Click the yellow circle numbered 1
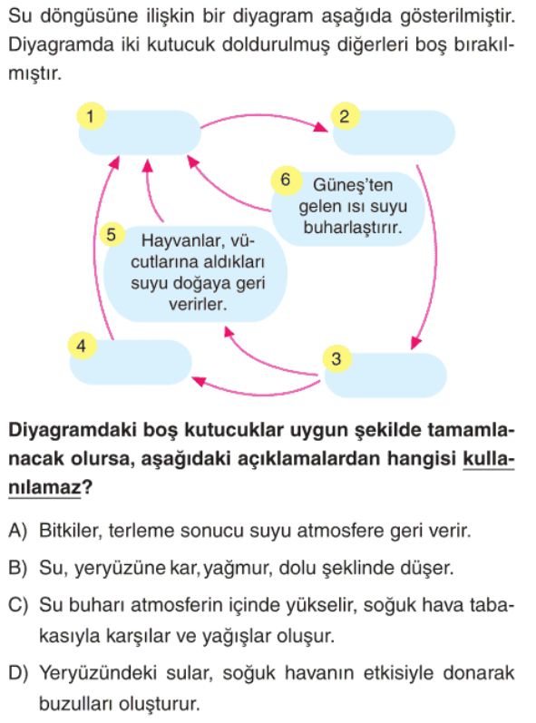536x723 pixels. pos(91,116)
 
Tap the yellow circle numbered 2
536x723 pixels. pos(344,116)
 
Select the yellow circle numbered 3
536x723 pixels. pos(336,358)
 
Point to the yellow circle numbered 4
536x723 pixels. pos(82,346)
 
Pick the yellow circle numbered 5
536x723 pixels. pos(111,235)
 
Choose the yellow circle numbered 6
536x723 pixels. pos(286,180)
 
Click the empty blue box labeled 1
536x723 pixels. pos(140,132)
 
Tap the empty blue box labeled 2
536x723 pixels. pos(394,132)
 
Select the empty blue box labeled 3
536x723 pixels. pos(385,376)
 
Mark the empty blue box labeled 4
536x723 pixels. pos(131,363)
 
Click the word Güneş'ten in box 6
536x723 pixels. pos(353,185)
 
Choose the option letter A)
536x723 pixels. pos(18,532)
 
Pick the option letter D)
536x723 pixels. pos(18,674)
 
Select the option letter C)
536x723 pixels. pos(18,605)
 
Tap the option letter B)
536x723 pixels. pos(18,568)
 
